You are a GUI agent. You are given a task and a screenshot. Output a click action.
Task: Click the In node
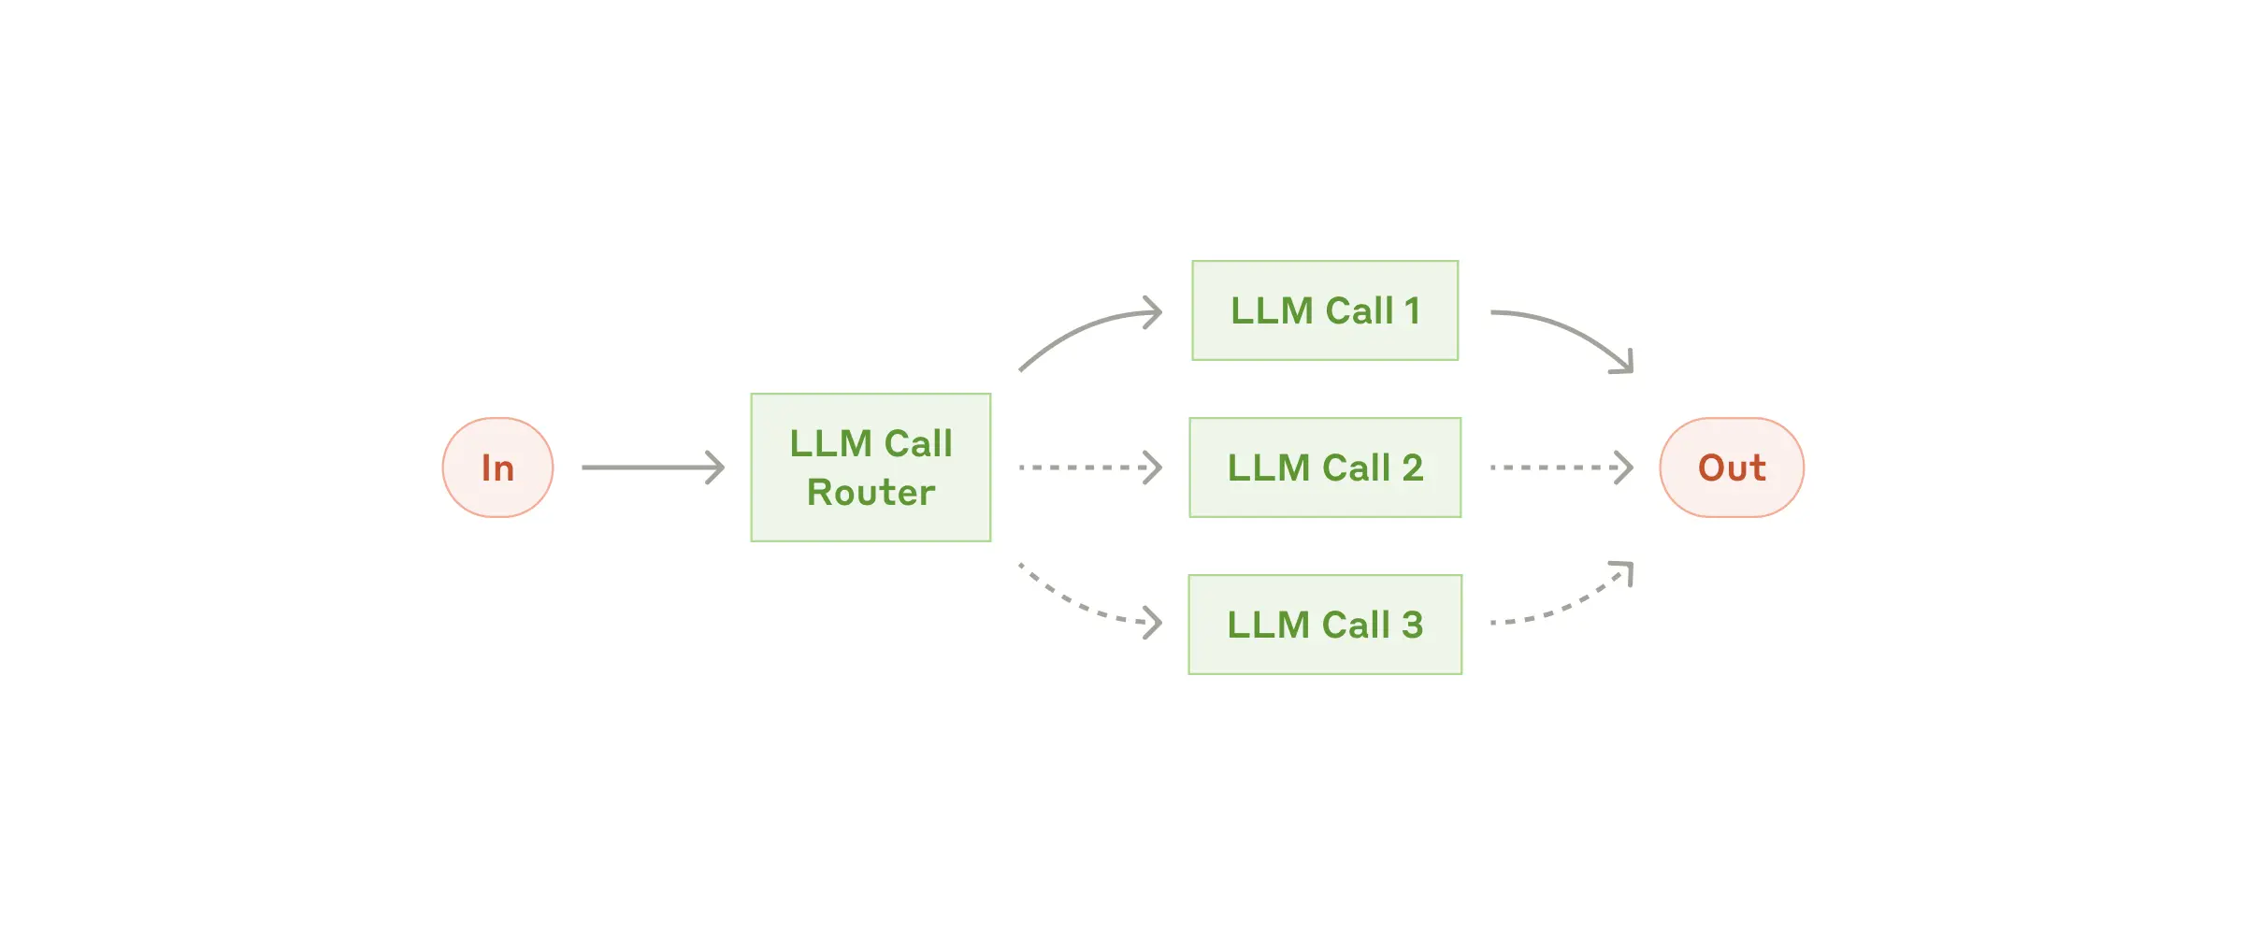pos(497,467)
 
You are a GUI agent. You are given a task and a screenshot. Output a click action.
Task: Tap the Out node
pos(1731,467)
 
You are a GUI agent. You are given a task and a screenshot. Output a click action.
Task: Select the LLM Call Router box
pos(871,467)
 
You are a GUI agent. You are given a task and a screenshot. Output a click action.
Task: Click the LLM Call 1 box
pos(1325,310)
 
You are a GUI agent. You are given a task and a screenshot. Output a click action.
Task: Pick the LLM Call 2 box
pos(1325,467)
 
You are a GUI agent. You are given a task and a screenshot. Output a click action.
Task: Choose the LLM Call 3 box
pos(1325,625)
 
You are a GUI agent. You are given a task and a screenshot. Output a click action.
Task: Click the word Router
pos(871,493)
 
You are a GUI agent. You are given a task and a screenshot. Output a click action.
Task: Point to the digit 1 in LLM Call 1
pos(1412,310)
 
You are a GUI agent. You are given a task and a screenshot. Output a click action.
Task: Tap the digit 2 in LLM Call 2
pos(1412,467)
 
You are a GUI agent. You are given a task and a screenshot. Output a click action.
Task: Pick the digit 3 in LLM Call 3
pos(1412,625)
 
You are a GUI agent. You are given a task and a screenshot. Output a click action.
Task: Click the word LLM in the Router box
pos(830,443)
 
